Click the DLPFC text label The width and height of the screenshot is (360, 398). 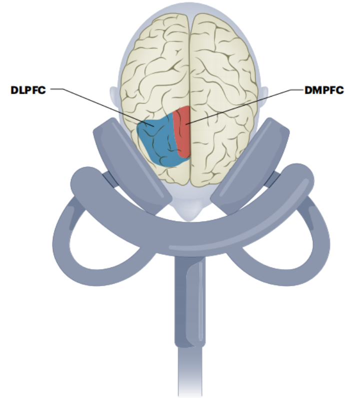[27, 91]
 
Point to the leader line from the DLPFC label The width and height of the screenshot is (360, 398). [100, 102]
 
